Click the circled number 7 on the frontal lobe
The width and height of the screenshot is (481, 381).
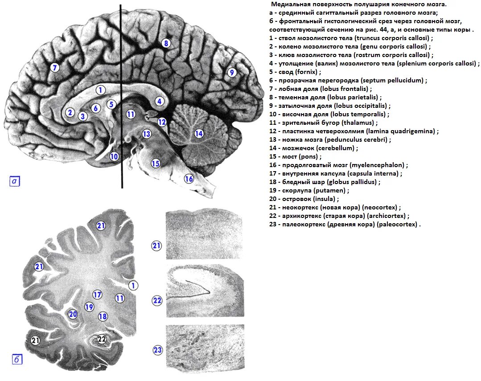tap(54, 68)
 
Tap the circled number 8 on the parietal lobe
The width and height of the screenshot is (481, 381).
tap(166, 43)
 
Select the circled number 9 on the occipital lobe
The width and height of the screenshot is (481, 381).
tap(231, 72)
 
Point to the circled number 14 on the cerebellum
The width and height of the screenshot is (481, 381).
tap(199, 133)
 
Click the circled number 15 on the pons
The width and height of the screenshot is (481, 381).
tap(155, 163)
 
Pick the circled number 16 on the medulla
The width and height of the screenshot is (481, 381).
tap(189, 179)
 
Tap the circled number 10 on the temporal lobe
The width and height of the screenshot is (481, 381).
tap(114, 156)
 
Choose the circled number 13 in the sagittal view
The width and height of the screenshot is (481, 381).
tap(147, 134)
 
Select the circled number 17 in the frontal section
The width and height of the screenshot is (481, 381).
tap(98, 294)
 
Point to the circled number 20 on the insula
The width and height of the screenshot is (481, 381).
tap(73, 314)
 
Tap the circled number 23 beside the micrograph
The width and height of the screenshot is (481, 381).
tap(157, 350)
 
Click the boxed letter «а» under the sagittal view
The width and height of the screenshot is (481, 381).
tap(15, 181)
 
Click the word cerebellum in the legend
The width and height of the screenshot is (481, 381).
tap(339, 148)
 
